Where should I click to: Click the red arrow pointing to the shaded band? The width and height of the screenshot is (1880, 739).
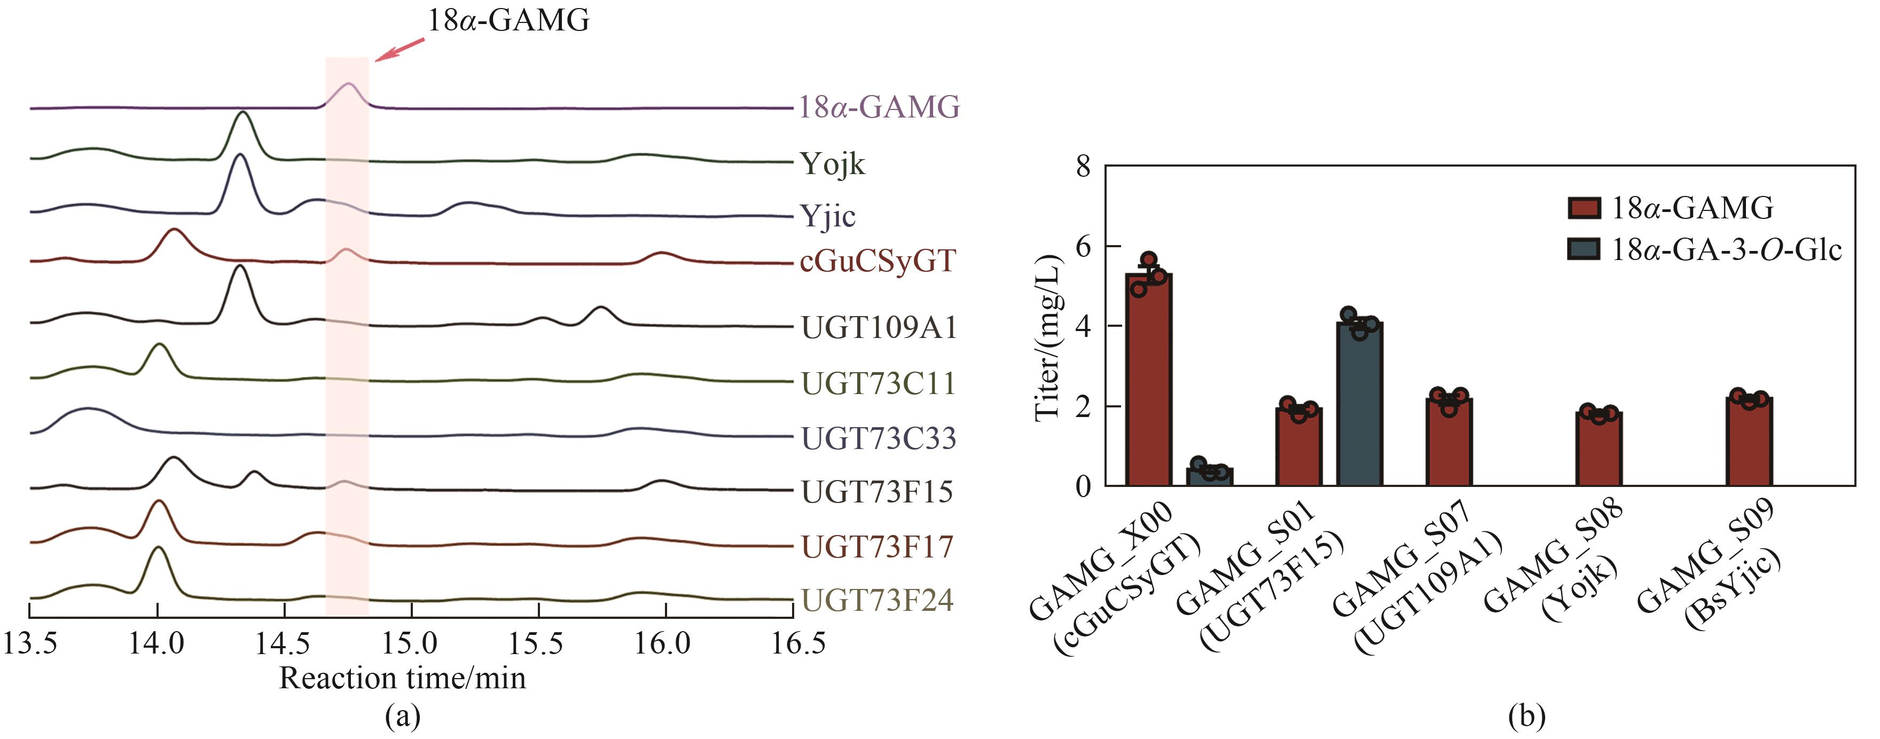(399, 50)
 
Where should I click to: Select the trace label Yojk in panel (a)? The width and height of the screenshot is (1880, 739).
(832, 164)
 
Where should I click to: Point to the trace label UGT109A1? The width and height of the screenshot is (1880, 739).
(879, 327)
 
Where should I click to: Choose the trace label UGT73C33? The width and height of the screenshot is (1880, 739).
(879, 438)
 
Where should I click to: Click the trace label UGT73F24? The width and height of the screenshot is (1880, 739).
(877, 600)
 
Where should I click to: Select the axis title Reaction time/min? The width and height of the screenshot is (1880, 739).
(402, 679)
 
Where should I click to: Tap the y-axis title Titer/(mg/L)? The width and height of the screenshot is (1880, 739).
(1048, 338)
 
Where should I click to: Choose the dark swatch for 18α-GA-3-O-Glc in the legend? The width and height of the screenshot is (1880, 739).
(1584, 249)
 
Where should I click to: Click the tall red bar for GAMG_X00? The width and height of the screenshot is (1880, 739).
(1149, 379)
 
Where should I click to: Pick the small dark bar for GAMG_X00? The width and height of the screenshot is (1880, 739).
(1209, 476)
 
